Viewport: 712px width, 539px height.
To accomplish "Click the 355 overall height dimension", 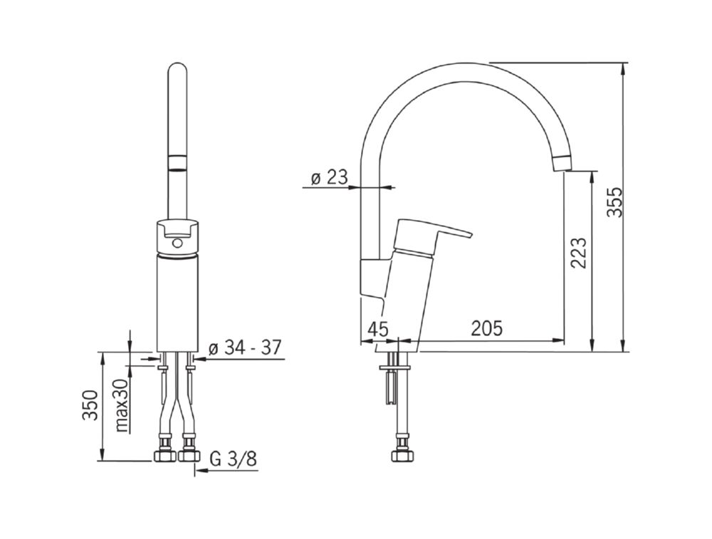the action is coord(617,202).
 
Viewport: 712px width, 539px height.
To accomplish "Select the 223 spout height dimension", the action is coord(578,253).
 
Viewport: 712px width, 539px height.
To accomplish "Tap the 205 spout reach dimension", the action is coord(487,328).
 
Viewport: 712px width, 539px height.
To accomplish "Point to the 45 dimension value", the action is coord(378,329).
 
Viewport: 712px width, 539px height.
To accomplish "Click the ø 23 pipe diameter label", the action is coord(329,177).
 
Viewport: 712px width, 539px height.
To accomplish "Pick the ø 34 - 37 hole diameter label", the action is coord(245,348).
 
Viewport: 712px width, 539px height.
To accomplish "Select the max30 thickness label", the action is coord(122,405).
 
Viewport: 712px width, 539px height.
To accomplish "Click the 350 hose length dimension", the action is coord(90,405).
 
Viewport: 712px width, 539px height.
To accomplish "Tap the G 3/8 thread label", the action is coord(234,459).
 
